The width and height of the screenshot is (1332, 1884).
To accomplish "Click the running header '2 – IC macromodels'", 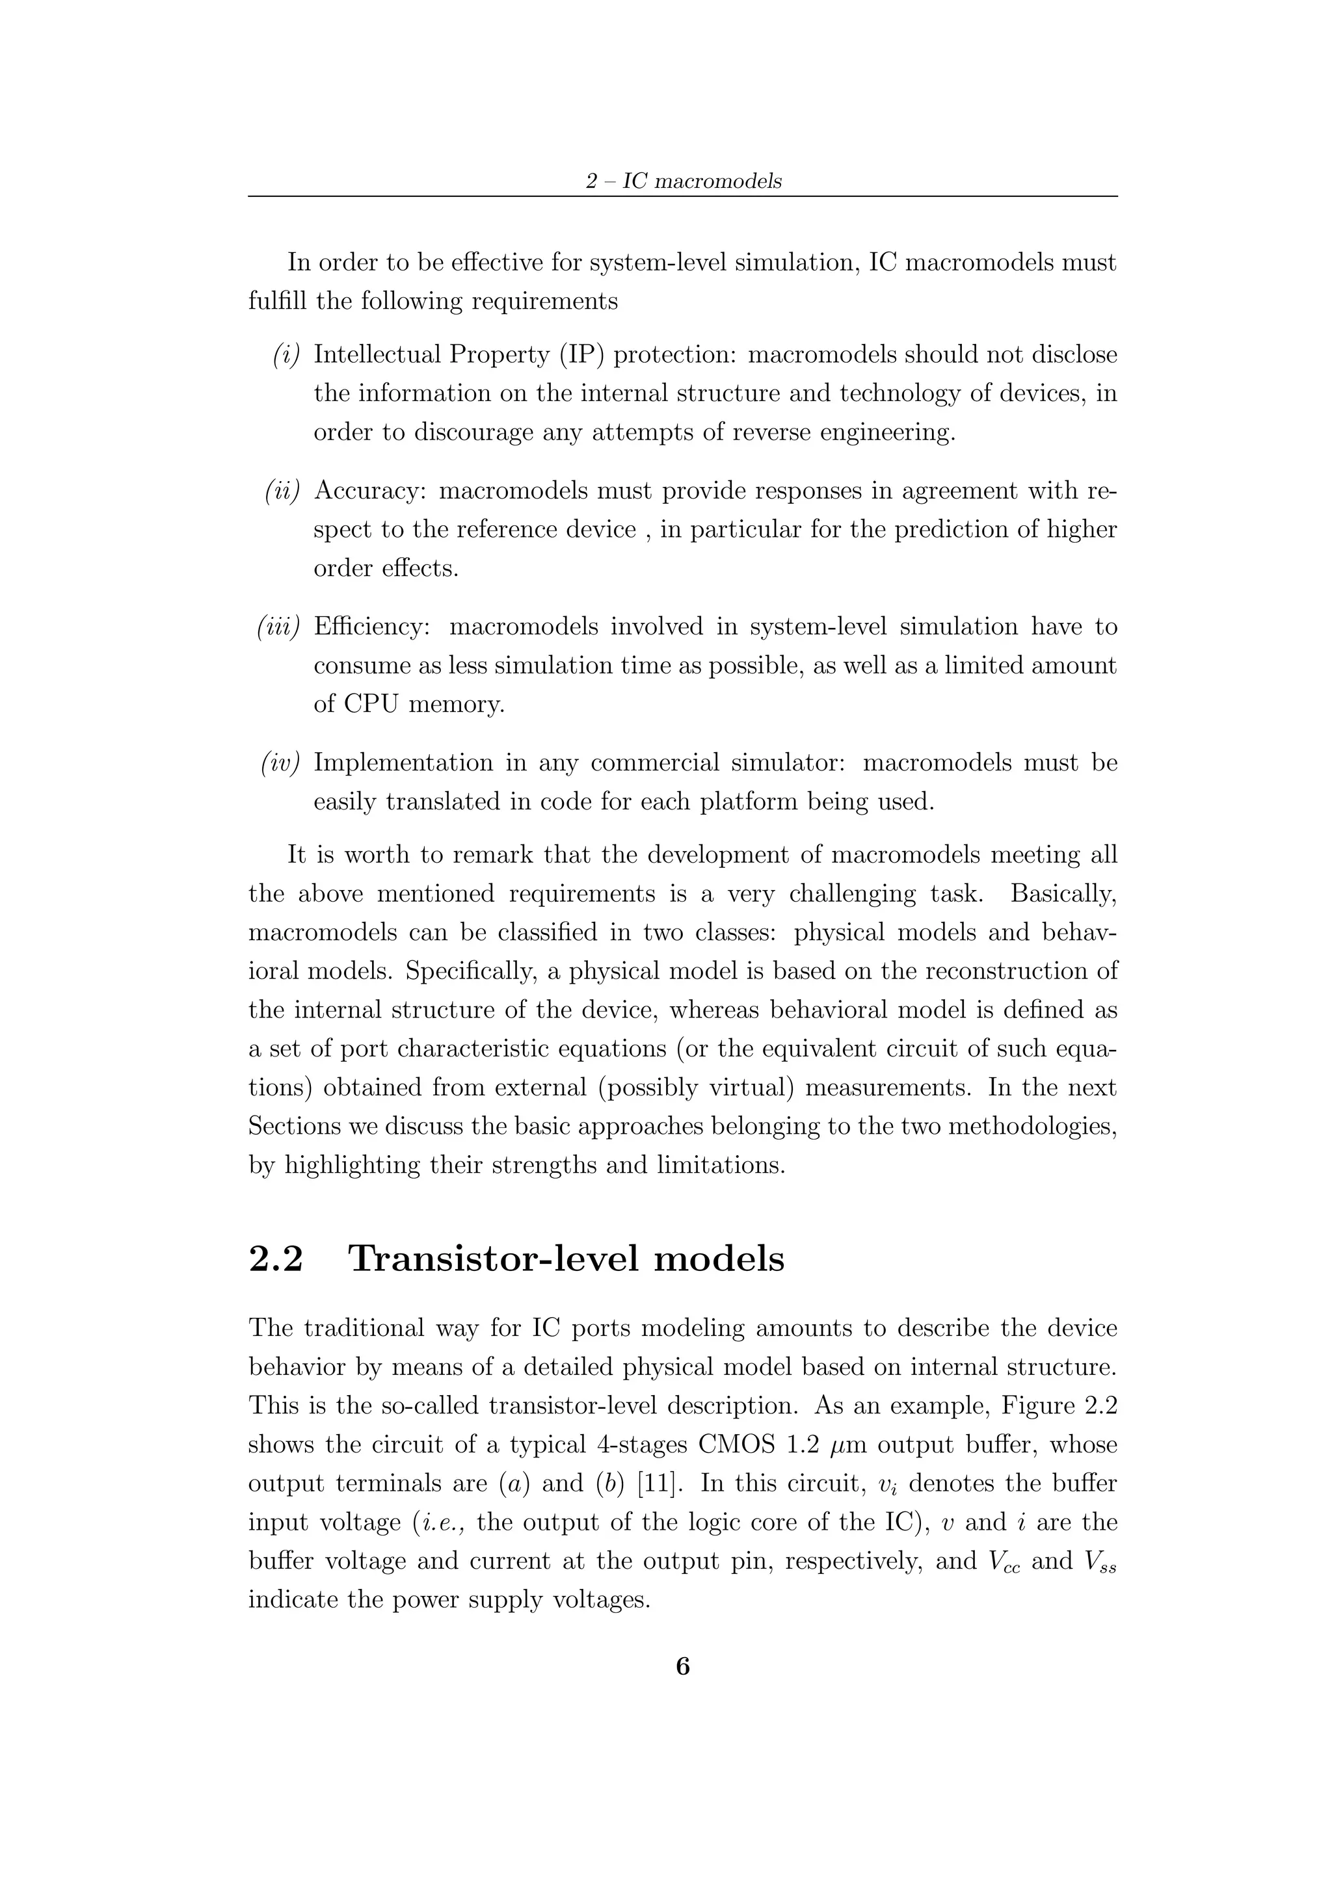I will [x=683, y=181].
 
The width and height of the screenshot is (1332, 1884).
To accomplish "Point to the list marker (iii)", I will [x=279, y=627].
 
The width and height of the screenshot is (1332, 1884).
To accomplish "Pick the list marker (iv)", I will [x=281, y=763].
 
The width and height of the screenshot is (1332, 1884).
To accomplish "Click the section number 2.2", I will [x=276, y=1258].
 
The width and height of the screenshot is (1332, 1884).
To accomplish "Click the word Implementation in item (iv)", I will [x=404, y=763].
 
